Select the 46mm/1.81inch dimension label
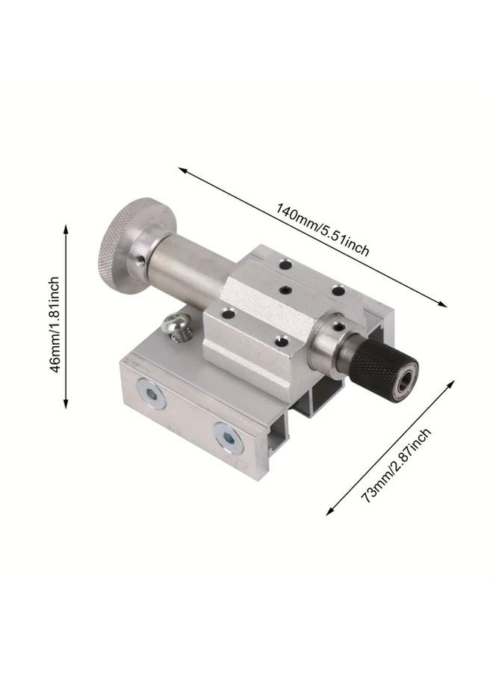tap(53, 317)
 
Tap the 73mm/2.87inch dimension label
tap(396, 464)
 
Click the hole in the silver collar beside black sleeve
tap(337, 327)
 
